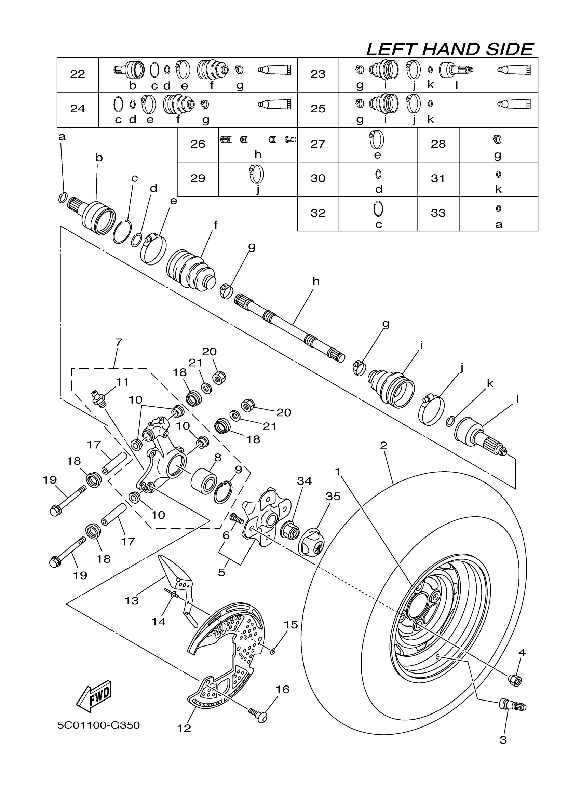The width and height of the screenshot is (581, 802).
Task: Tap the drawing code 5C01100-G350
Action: pyautogui.click(x=99, y=725)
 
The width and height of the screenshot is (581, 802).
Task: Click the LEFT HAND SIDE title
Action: pyautogui.click(x=449, y=50)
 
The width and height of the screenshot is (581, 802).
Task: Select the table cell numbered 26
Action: pyautogui.click(x=198, y=144)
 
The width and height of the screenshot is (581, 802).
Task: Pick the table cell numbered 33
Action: pyautogui.click(x=438, y=213)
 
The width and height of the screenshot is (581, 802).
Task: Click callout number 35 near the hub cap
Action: pyautogui.click(x=333, y=497)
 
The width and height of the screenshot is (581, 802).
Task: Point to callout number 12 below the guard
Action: pyautogui.click(x=184, y=729)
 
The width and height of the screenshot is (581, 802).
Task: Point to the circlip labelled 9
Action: pyautogui.click(x=222, y=491)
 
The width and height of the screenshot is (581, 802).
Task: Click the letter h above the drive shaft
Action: pyautogui.click(x=316, y=282)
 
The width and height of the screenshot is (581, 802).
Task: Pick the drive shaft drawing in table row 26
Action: pyautogui.click(x=258, y=140)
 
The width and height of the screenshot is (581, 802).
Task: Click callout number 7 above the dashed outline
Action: pyautogui.click(x=119, y=342)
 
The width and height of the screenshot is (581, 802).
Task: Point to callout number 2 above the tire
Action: pyautogui.click(x=384, y=446)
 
